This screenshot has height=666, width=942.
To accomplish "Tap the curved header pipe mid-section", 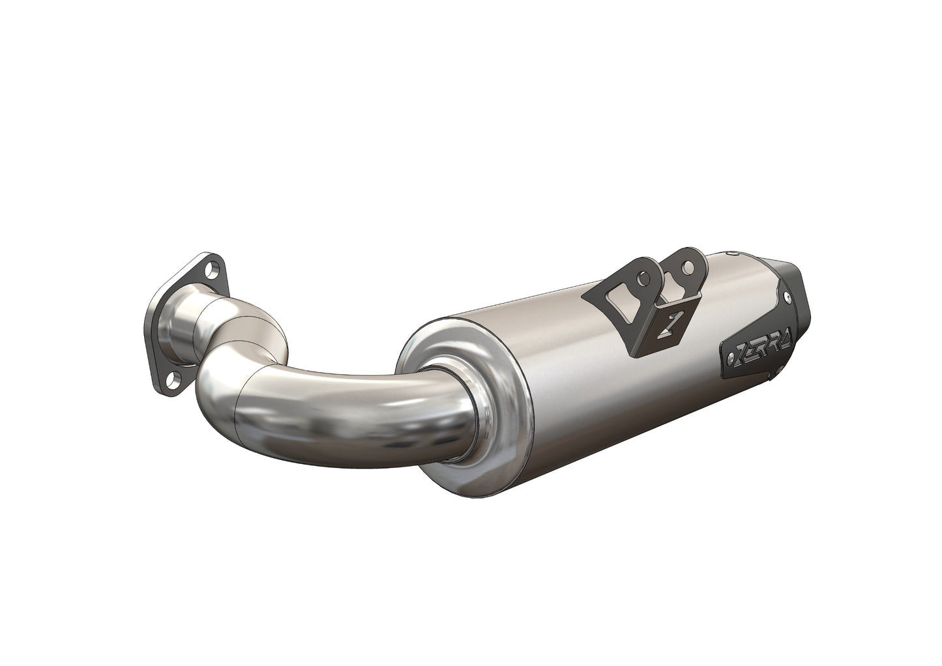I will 339,404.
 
